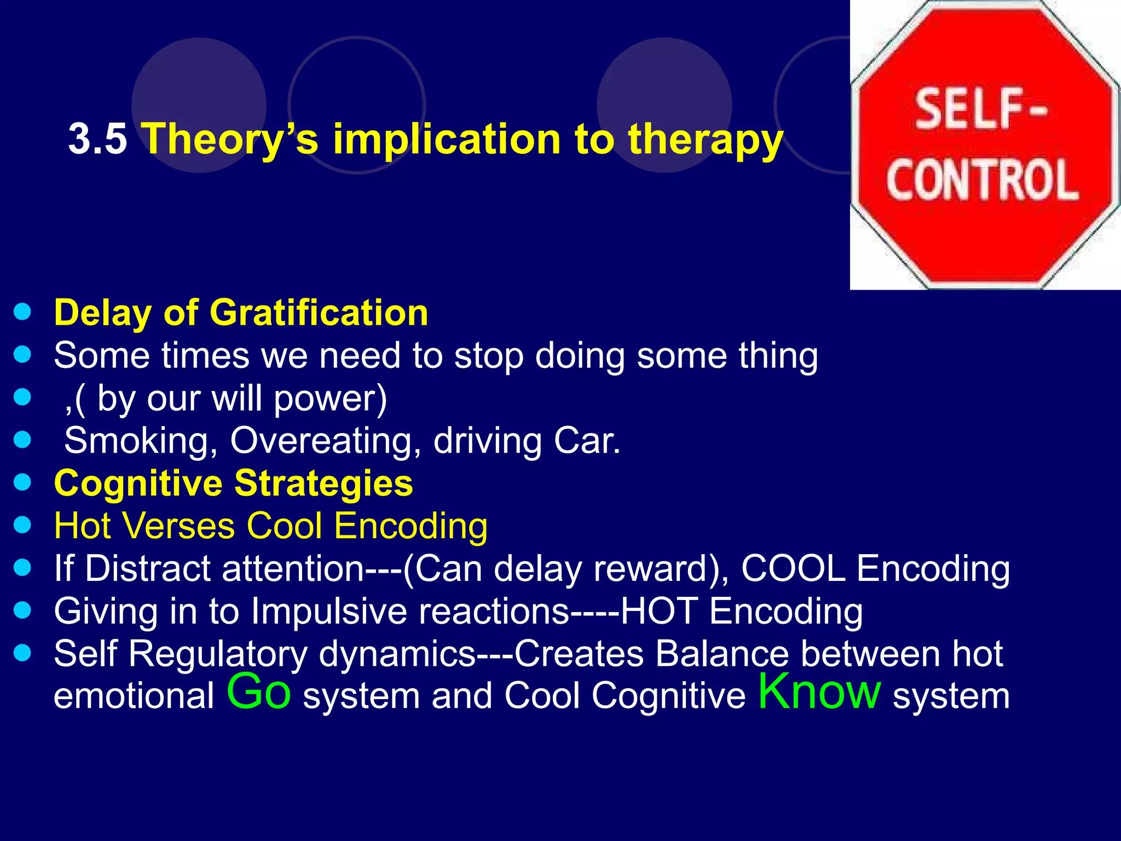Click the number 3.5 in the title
97,139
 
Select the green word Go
258,692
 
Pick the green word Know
819,691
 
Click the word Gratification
319,313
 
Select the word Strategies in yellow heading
323,483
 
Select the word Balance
722,654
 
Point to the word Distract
148,568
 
